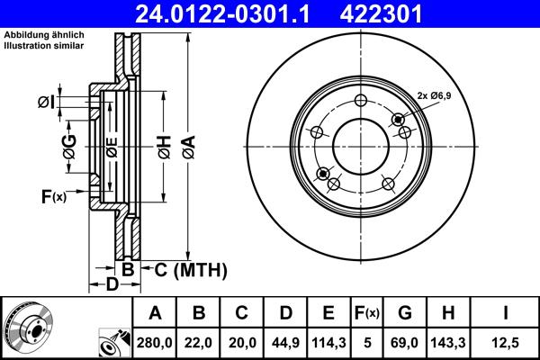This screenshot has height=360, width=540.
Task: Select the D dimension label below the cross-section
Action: (x=111, y=285)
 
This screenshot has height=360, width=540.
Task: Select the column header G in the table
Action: (x=404, y=313)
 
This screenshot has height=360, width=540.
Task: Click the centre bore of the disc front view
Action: (x=360, y=144)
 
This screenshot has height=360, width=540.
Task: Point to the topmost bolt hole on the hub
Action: (x=361, y=101)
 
